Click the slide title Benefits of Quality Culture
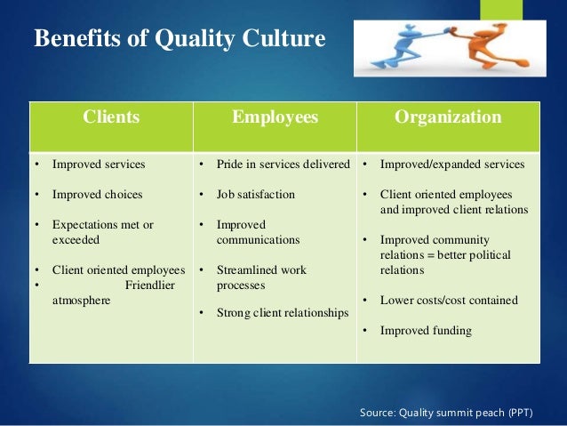point(180,40)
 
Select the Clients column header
point(111,117)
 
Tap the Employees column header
point(275,117)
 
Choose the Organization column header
point(448,117)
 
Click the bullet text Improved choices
point(97,194)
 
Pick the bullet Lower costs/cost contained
point(449,301)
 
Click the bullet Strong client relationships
point(283,312)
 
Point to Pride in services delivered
point(283,165)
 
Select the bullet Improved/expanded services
point(452,165)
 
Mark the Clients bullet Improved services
point(99,165)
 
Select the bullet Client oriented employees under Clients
point(118,270)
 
